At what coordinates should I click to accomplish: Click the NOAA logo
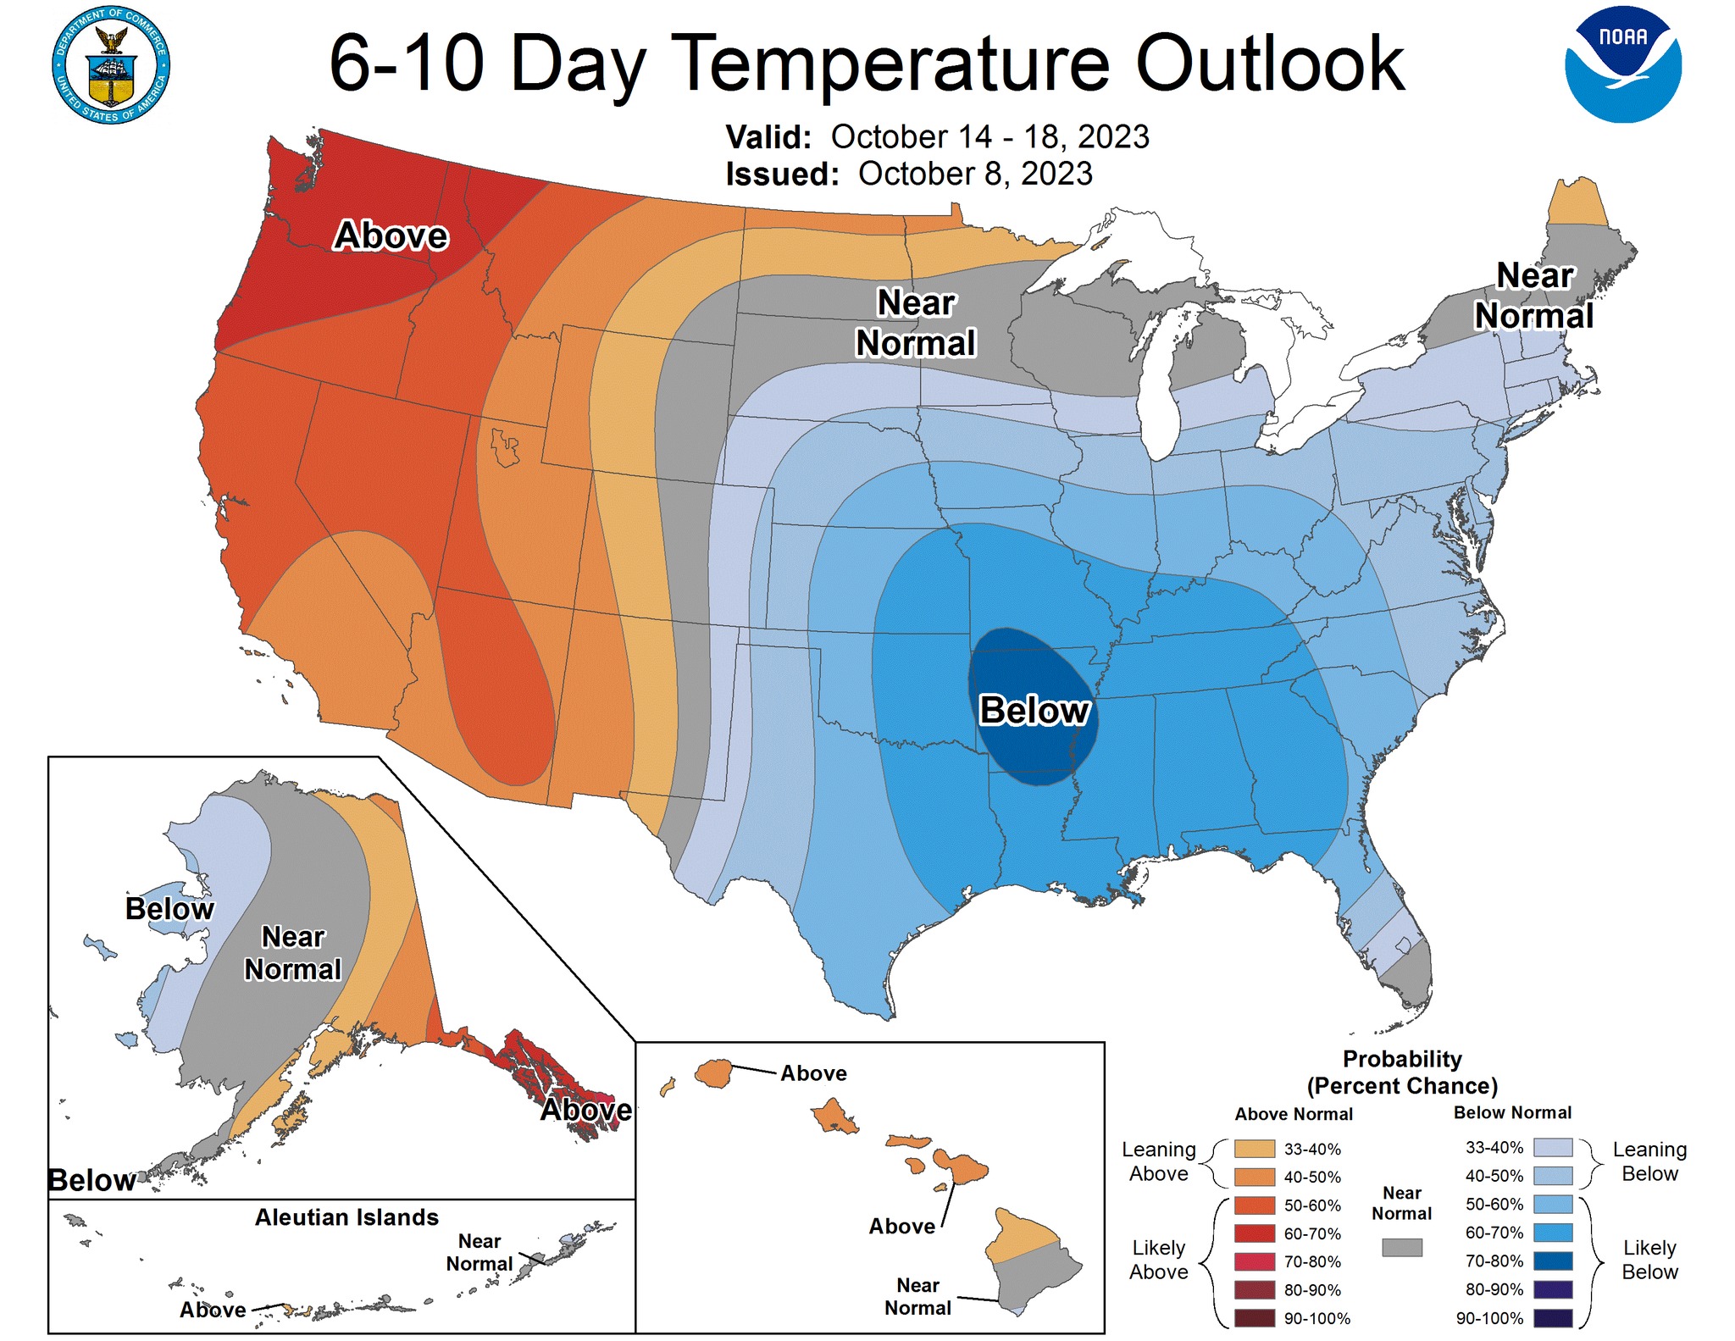tap(1622, 65)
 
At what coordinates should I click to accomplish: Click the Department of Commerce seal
tap(111, 65)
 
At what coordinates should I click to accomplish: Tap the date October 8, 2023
tap(975, 174)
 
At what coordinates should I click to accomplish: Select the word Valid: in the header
tap(768, 136)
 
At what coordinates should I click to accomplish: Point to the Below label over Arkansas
tap(1034, 710)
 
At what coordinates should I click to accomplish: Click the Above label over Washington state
tap(391, 236)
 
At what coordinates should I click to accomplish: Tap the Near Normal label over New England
tap(1534, 296)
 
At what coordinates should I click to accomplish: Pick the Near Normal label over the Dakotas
tap(916, 323)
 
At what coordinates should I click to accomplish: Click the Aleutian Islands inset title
tap(347, 1217)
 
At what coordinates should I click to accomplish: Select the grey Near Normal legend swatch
tap(1402, 1247)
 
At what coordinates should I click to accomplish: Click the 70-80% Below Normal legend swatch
tap(1553, 1261)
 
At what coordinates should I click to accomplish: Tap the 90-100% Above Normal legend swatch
tap(1255, 1318)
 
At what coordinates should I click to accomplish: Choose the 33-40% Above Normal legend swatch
tap(1255, 1149)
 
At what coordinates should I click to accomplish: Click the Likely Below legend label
tap(1649, 1260)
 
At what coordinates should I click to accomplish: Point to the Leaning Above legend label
tap(1159, 1161)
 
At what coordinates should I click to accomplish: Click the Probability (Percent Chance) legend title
tap(1402, 1072)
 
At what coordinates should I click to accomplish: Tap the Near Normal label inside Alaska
tap(293, 953)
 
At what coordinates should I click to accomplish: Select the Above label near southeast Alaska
tap(586, 1110)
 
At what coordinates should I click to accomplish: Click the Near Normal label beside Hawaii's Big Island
tap(917, 1296)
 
